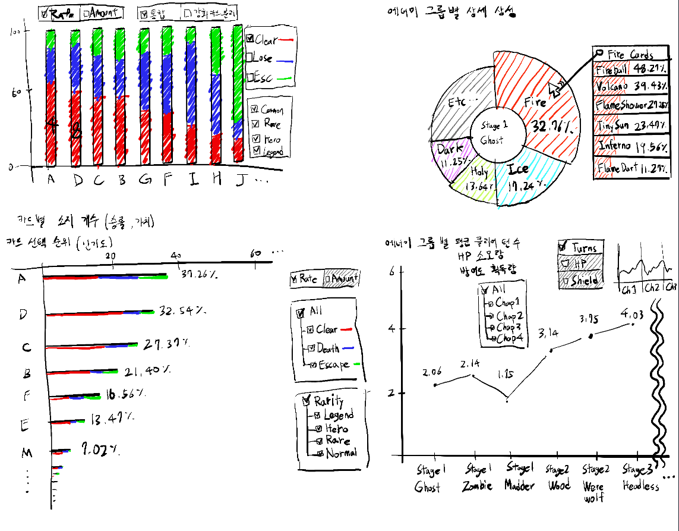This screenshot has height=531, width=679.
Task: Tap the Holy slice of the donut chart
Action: point(475,178)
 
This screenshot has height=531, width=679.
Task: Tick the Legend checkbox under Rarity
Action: point(318,415)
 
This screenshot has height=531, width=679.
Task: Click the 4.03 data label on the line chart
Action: point(632,313)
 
